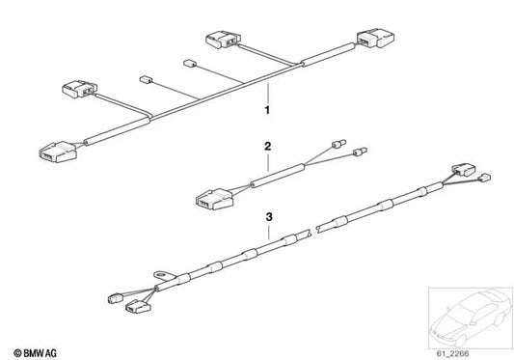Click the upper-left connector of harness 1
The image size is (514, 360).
coord(77,91)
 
